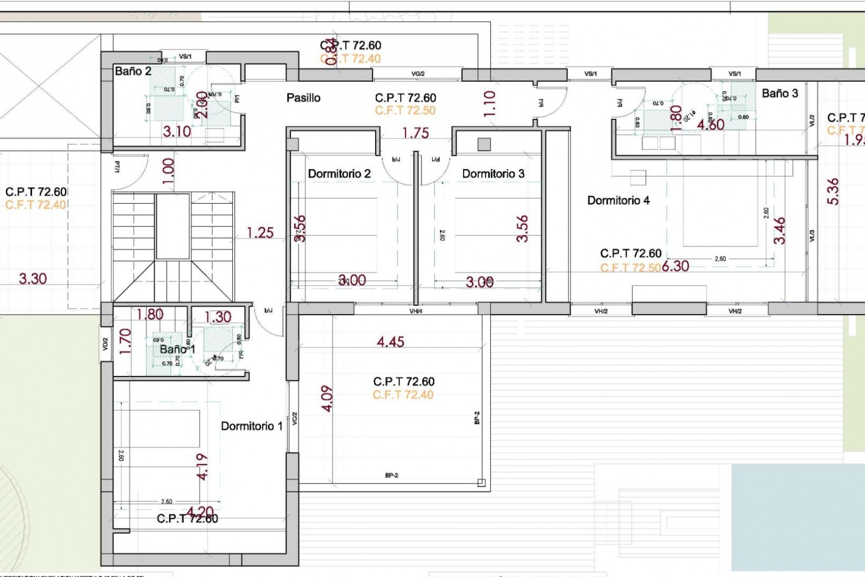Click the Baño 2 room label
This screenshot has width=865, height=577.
point(133,71)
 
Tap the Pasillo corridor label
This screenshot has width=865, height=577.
point(303,98)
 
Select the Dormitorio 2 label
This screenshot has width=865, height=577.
point(339,174)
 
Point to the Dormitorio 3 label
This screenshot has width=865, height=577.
point(493,174)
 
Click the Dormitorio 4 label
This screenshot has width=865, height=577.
point(618,201)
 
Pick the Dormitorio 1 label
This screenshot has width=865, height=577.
point(251,426)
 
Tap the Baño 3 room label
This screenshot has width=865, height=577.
point(779,93)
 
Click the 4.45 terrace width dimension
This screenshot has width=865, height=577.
point(390,342)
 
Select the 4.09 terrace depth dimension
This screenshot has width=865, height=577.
point(328,398)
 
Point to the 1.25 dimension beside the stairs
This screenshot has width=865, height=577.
point(260,233)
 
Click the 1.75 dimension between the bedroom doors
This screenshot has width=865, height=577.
point(415,133)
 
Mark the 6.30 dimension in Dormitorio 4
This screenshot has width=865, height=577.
point(675,266)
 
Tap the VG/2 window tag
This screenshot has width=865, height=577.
point(418,74)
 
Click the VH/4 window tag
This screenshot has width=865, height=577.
point(416,311)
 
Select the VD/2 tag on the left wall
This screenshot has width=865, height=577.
point(105,344)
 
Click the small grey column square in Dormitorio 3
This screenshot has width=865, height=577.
point(484,144)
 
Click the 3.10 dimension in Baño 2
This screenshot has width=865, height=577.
point(177,132)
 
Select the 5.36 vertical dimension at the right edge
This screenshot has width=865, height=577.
point(833,192)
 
